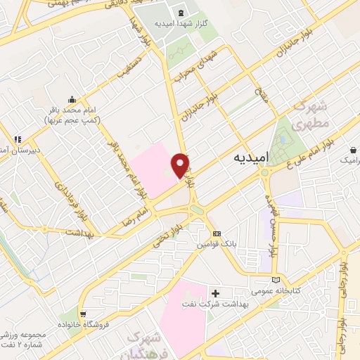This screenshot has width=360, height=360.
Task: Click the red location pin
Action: coord(181,165)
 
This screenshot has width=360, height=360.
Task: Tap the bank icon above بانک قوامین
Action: coord(217,234)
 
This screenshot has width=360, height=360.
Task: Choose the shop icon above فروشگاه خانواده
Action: coord(84,314)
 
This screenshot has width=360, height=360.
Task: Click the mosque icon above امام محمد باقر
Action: coord(72,99)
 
